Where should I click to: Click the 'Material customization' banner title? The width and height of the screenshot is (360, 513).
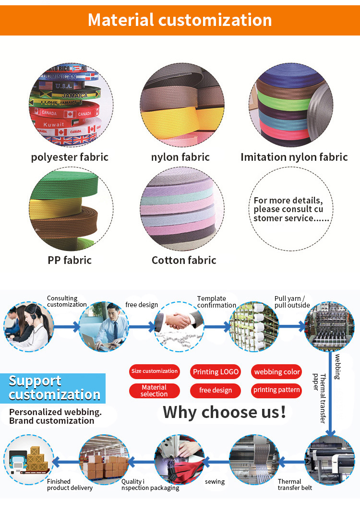pyautogui.click(x=180, y=20)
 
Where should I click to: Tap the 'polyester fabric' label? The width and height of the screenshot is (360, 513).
pyautogui.click(x=70, y=157)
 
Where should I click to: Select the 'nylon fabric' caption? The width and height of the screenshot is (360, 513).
pyautogui.click(x=180, y=157)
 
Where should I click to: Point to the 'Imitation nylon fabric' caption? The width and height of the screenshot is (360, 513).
pyautogui.click(x=294, y=157)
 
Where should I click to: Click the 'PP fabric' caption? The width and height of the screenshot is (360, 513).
pyautogui.click(x=70, y=260)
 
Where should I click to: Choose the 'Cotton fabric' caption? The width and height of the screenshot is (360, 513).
pyautogui.click(x=184, y=260)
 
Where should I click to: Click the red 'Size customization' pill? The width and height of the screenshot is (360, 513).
pyautogui.click(x=154, y=371)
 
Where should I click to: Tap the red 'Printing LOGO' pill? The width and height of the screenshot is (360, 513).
pyautogui.click(x=216, y=372)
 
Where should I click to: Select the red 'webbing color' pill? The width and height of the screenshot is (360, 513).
pyautogui.click(x=277, y=372)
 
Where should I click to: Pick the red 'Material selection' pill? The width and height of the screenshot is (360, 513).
pyautogui.click(x=154, y=391)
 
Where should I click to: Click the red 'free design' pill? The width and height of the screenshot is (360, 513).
pyautogui.click(x=216, y=391)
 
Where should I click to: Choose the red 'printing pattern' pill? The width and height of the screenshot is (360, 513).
pyautogui.click(x=276, y=390)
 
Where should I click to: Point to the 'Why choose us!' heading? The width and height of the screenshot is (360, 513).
pyautogui.click(x=224, y=412)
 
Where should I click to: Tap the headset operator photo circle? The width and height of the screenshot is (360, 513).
pyautogui.click(x=29, y=327)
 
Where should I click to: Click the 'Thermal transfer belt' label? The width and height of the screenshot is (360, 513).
pyautogui.click(x=295, y=485)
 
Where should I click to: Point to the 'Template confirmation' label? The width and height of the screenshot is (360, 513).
pyautogui.click(x=216, y=302)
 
